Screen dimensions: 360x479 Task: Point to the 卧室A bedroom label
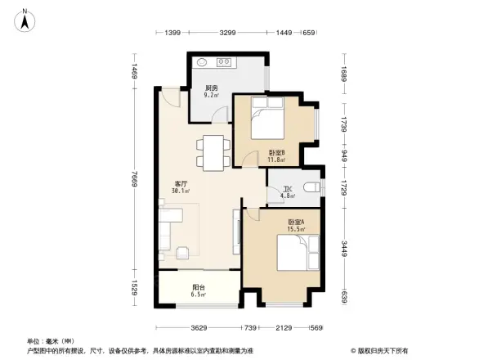coord(295,222)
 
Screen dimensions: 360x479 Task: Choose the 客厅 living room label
coord(181,184)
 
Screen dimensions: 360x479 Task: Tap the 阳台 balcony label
coord(199,287)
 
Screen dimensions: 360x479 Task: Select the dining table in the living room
coord(212,152)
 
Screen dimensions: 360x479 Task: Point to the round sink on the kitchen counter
coord(202,62)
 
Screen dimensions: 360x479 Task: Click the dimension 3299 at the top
coord(228,33)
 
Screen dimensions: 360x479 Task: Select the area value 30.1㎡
coord(181,191)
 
